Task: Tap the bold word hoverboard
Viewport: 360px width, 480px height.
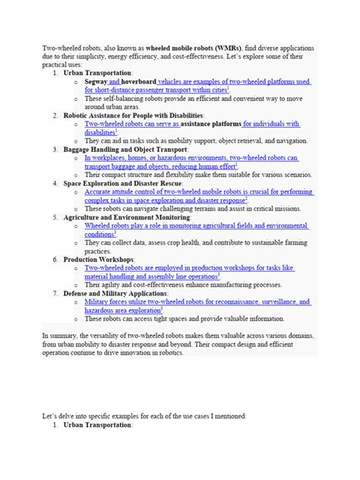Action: coord(139,81)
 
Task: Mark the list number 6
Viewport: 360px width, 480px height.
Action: coord(56,259)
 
